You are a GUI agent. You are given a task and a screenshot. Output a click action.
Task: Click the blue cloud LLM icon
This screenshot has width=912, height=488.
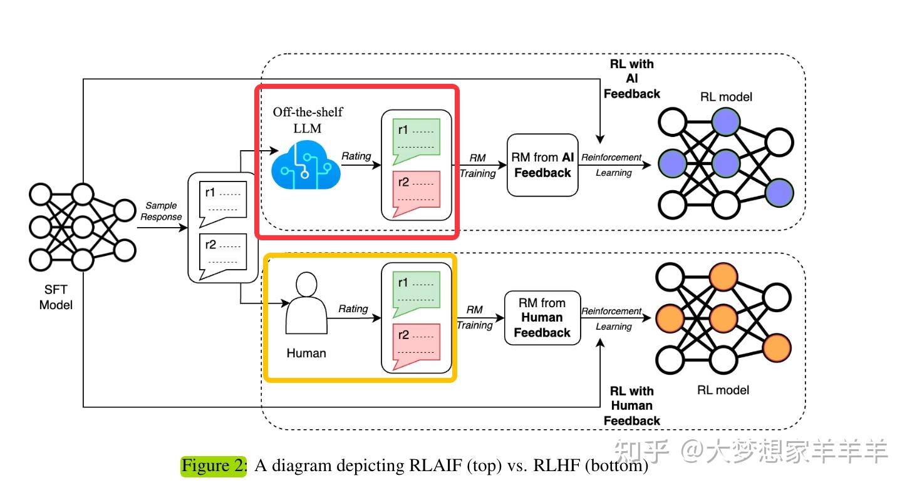(x=306, y=166)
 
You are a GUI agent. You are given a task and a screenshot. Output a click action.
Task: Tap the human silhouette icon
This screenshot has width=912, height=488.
(x=306, y=303)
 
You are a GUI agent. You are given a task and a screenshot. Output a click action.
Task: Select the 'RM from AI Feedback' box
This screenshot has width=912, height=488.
(x=542, y=165)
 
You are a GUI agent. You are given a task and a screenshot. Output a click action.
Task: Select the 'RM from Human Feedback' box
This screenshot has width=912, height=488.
(x=542, y=318)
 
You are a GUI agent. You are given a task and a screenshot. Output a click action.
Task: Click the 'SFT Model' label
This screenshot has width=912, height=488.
(x=56, y=297)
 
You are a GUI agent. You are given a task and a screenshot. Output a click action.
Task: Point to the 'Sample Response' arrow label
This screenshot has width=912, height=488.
(x=161, y=211)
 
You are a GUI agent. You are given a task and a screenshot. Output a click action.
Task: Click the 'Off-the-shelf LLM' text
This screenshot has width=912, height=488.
(x=308, y=119)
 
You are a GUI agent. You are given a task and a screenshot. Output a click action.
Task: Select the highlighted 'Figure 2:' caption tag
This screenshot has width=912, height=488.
(x=214, y=465)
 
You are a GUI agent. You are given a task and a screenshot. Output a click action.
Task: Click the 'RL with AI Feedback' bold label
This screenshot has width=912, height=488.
(x=632, y=79)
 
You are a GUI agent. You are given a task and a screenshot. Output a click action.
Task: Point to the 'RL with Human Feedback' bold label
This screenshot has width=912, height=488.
(x=632, y=406)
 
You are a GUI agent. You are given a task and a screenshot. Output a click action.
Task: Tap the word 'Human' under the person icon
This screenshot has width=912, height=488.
(x=306, y=353)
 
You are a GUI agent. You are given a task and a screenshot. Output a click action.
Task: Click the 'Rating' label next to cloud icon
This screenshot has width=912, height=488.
(x=356, y=156)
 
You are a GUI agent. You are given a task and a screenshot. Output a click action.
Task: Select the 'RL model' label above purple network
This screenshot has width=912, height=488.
(x=727, y=97)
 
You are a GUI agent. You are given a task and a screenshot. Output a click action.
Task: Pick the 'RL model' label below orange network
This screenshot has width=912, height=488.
(x=723, y=390)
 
